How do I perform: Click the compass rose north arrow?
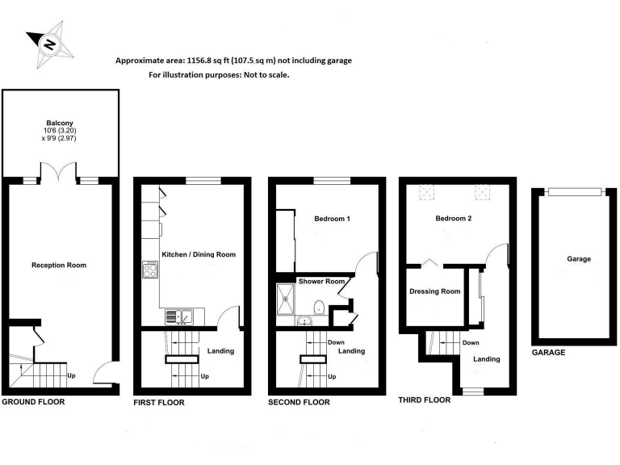pyautogui.click(x=49, y=44)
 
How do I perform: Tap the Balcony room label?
pyautogui.click(x=61, y=124)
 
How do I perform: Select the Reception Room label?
pyautogui.click(x=58, y=265)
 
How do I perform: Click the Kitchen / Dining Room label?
pyautogui.click(x=199, y=254)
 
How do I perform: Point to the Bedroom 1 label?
pyautogui.click(x=332, y=219)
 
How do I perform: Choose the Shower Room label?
pyautogui.click(x=322, y=282)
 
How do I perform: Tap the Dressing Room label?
pyautogui.click(x=434, y=291)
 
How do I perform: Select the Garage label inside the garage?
pyautogui.click(x=579, y=259)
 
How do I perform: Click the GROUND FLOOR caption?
pyautogui.click(x=33, y=401)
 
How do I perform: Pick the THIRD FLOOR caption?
pyautogui.click(x=425, y=400)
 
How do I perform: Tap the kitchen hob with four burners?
pyautogui.click(x=150, y=270)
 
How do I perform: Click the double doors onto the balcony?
pyautogui.click(x=52, y=172)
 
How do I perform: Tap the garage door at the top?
pyautogui.click(x=574, y=191)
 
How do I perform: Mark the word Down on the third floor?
pyautogui.click(x=471, y=342)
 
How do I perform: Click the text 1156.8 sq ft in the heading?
pyautogui.click(x=208, y=61)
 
